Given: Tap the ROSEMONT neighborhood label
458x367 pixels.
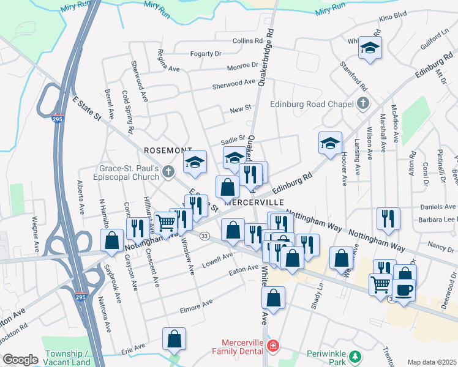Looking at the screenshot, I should [x=168, y=150].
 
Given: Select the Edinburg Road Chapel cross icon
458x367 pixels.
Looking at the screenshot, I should [x=363, y=103].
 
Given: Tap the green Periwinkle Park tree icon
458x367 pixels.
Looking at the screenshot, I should [x=353, y=356].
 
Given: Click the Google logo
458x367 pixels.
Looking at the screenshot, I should [x=20, y=359].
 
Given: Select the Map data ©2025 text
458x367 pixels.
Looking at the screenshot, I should [x=432, y=362].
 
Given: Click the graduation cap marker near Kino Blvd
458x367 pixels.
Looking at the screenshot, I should [x=370, y=48].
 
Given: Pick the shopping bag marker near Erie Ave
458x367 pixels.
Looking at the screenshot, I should [x=175, y=339].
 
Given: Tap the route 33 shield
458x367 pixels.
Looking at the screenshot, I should [x=205, y=235].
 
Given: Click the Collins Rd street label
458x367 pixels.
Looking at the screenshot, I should [x=247, y=41].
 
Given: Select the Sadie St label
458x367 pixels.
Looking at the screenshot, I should [x=233, y=139].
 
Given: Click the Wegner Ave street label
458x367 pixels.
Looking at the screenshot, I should [x=36, y=217].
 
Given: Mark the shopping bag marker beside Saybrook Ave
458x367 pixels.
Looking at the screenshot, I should [x=112, y=241].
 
